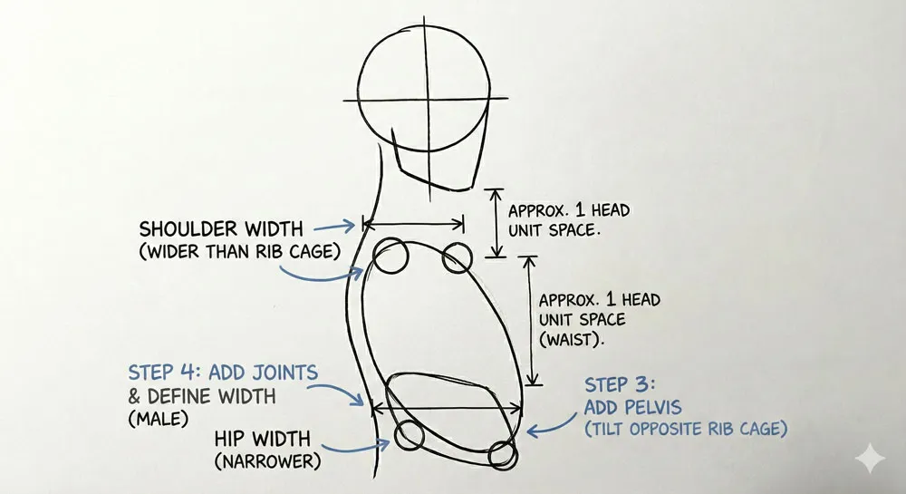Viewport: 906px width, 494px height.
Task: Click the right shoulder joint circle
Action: pos(458,257)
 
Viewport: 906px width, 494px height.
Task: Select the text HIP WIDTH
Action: pos(258,439)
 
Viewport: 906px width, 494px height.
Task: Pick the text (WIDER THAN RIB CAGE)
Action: pos(239,251)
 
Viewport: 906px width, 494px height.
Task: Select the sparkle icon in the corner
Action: pos(872,460)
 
